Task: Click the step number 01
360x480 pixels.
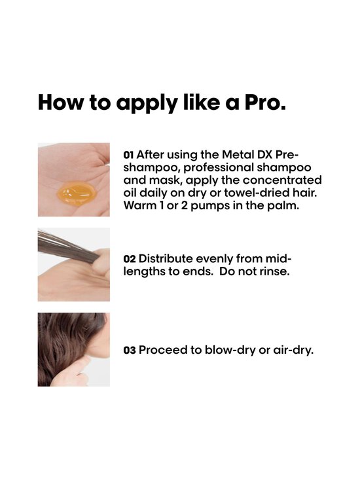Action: pyautogui.click(x=128, y=155)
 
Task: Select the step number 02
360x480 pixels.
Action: pyautogui.click(x=128, y=258)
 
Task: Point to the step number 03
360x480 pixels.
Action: pyautogui.click(x=129, y=350)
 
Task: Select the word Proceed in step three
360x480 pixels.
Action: pyautogui.click(x=164, y=350)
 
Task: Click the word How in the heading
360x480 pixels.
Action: pyautogui.click(x=58, y=103)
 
